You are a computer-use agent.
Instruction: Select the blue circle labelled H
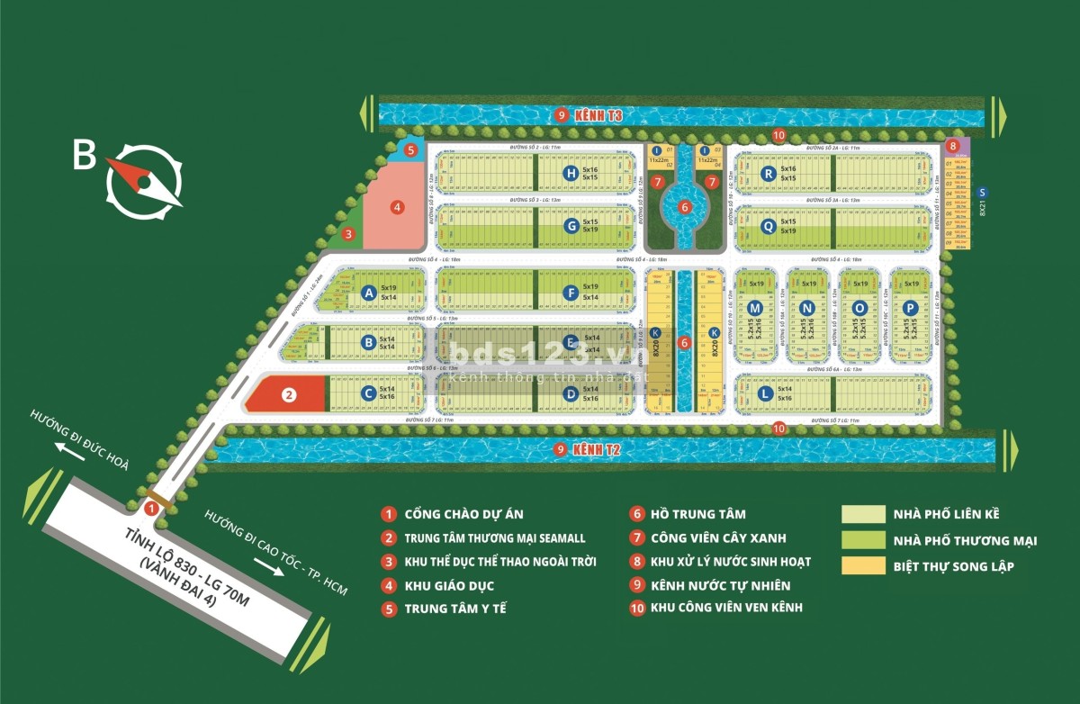[x=570, y=173]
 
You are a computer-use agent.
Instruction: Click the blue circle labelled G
[x=570, y=226]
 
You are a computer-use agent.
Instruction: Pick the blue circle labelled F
[x=570, y=292]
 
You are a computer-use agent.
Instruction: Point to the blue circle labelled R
[x=768, y=173]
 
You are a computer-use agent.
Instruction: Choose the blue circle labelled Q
[x=768, y=226]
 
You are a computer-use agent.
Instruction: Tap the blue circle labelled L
[x=764, y=393]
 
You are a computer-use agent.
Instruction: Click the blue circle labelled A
[x=367, y=292]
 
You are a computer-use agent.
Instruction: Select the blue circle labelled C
[x=367, y=393]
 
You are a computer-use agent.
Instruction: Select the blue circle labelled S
[x=983, y=191]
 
